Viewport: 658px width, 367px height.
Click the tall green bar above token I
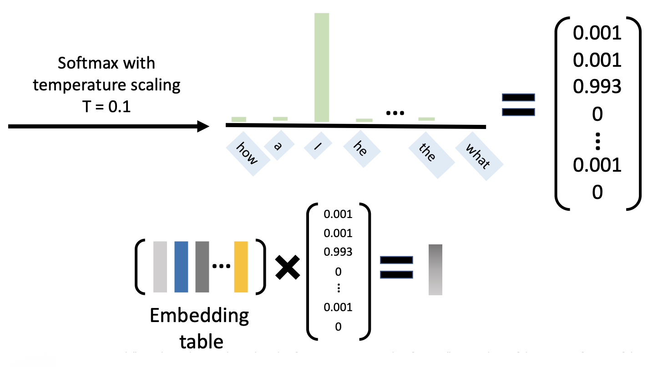(x=322, y=67)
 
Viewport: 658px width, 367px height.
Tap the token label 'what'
(x=478, y=157)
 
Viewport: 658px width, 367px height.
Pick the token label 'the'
(x=426, y=153)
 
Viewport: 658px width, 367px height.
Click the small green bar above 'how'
(x=238, y=119)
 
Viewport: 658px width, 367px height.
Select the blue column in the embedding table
(x=181, y=267)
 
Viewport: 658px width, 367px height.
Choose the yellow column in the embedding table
(x=241, y=267)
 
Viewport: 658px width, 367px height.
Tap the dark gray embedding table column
(x=202, y=267)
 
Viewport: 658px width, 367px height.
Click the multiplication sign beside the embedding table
(x=288, y=267)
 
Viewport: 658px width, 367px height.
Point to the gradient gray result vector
(x=435, y=270)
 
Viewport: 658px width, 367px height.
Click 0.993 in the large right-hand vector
(x=597, y=86)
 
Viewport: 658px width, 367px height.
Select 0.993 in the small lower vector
(x=337, y=252)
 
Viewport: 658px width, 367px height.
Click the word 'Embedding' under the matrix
(x=199, y=316)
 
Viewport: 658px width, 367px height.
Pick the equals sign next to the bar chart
(x=518, y=104)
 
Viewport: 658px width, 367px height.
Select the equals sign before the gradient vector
(x=396, y=268)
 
